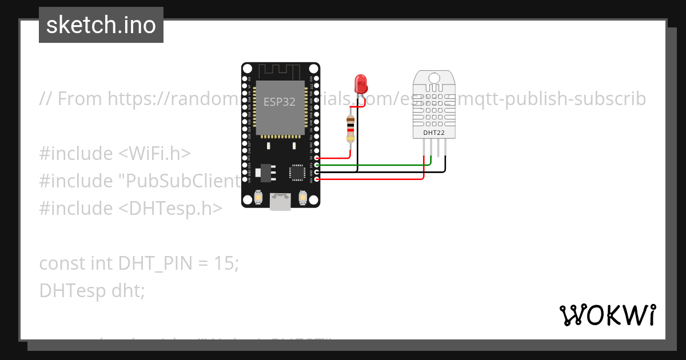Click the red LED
[361, 84]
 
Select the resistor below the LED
[350, 129]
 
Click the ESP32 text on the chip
[280, 102]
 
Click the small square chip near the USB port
[297, 172]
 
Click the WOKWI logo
[607, 315]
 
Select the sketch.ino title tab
[101, 25]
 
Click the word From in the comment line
[81, 99]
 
